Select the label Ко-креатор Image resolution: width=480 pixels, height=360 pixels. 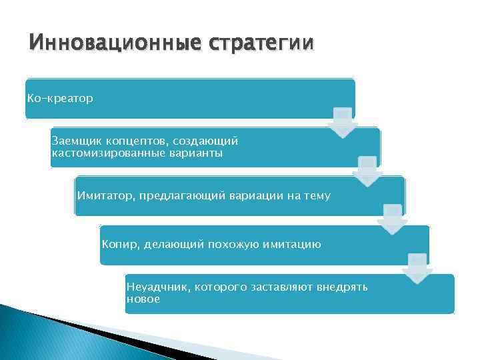60,99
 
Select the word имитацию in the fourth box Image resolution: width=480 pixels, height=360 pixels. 292,245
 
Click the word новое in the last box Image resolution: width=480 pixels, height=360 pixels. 143,299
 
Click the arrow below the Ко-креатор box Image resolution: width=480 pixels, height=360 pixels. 343,122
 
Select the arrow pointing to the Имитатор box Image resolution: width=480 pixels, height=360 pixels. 368,171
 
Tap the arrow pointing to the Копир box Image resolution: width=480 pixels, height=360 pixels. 393,219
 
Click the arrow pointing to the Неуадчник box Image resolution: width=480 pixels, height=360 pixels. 417,269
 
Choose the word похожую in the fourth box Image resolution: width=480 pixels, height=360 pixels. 226,245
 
